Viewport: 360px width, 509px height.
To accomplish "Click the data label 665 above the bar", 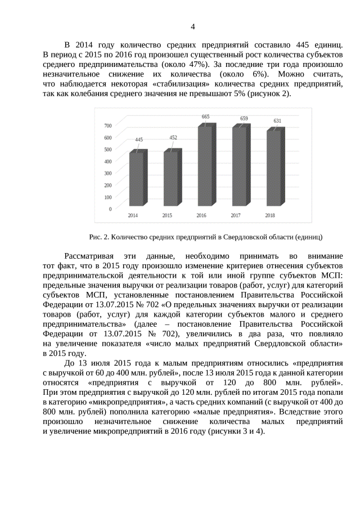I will (x=206, y=116).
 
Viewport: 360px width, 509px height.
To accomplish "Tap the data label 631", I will (x=278, y=121).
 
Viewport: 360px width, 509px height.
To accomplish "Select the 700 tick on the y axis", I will (x=107, y=125).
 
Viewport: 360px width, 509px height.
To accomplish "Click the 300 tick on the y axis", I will (x=107, y=173).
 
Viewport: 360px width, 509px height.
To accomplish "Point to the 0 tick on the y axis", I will (x=110, y=209).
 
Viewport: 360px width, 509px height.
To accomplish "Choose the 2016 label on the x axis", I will (x=201, y=216).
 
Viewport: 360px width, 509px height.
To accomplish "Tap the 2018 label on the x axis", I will (x=270, y=216).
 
